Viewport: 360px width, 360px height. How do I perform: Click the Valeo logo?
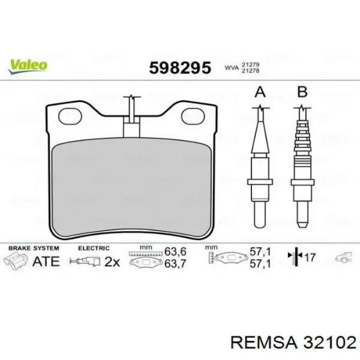coord(28,67)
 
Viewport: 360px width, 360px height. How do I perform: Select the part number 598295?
coord(180,68)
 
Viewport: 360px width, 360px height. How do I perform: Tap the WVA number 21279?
coord(250,65)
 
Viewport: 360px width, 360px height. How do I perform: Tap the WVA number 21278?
coord(250,71)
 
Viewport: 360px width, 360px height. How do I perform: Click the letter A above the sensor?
coord(260,92)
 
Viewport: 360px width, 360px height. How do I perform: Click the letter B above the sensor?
coord(302,92)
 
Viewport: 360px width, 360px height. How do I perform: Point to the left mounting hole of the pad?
coord(70,116)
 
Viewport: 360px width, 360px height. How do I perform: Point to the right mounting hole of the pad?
coord(193,116)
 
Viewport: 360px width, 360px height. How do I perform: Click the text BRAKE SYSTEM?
coord(34,248)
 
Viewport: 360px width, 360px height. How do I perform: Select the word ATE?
coord(46,262)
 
